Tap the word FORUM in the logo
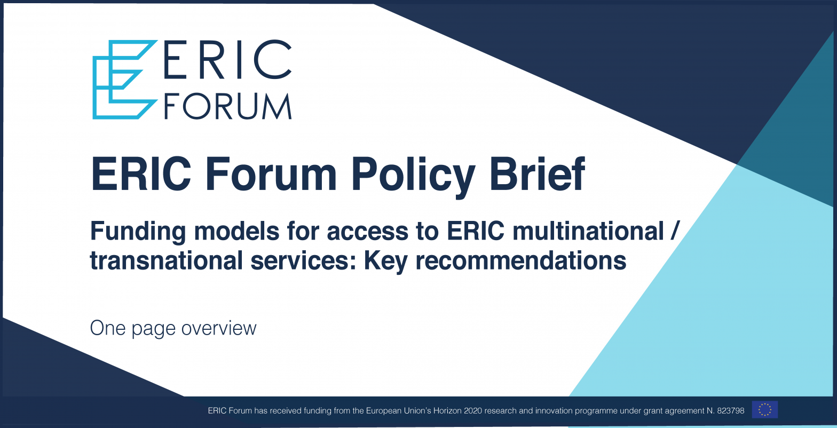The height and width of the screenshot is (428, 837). [228, 106]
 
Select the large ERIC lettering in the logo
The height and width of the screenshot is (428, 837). [227, 59]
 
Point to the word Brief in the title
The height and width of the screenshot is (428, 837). [538, 173]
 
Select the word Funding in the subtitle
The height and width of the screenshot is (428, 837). [138, 232]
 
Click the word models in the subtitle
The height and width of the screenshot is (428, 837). [236, 231]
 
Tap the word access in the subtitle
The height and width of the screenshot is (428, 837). [368, 233]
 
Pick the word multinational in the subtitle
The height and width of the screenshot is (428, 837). [588, 231]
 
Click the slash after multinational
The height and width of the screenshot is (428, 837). [674, 231]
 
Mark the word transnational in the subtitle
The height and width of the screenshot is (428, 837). [167, 260]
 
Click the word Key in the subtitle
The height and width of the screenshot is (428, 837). [385, 261]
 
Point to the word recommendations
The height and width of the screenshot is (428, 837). [520, 260]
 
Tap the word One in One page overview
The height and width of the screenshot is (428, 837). [108, 328]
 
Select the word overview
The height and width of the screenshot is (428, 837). [219, 328]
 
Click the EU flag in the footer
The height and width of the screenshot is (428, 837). [765, 410]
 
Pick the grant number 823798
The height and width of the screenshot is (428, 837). [730, 411]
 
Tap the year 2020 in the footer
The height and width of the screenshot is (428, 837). [472, 411]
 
